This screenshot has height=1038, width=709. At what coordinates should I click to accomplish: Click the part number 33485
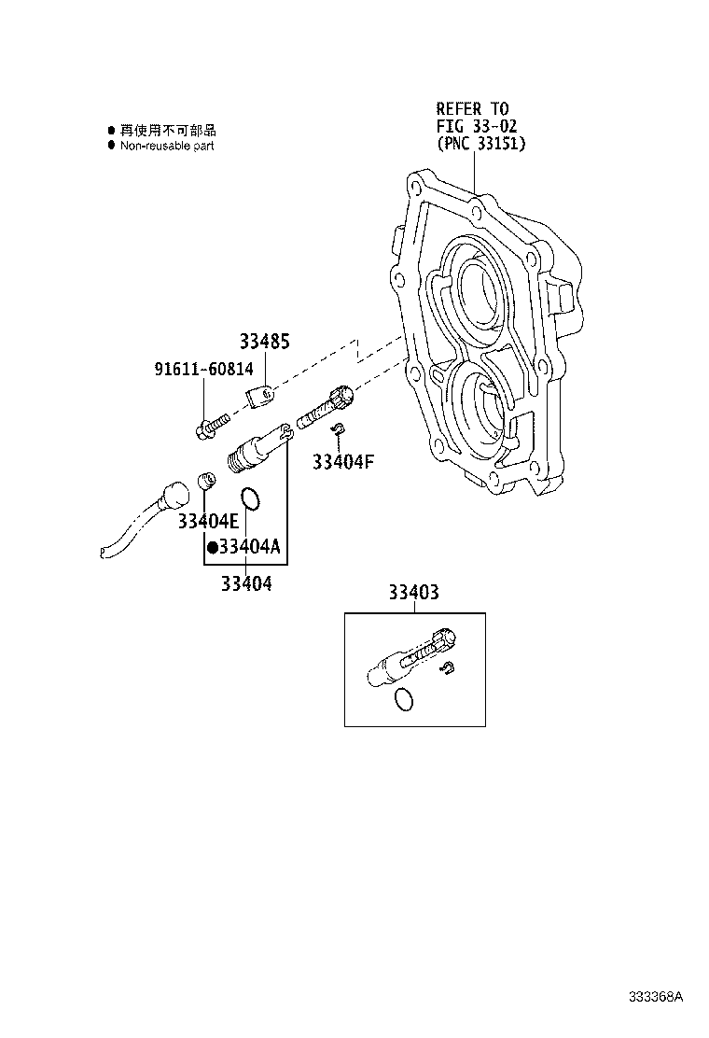tap(263, 343)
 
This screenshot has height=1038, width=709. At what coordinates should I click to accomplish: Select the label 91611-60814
tap(203, 369)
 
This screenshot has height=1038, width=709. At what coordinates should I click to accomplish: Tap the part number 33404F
tap(342, 461)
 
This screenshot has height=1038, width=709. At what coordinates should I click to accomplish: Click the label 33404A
tap(248, 547)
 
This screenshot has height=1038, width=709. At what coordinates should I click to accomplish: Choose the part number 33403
tap(413, 592)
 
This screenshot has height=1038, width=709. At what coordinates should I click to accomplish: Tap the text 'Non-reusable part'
tap(167, 146)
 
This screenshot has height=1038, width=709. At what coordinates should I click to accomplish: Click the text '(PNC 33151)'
tap(480, 144)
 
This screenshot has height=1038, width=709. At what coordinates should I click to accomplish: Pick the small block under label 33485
tap(262, 397)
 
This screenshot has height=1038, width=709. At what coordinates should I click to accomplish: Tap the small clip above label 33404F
tap(341, 428)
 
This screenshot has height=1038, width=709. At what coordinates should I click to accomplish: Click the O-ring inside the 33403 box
tap(403, 699)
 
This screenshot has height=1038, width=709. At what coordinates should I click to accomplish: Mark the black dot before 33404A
tap(212, 547)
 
